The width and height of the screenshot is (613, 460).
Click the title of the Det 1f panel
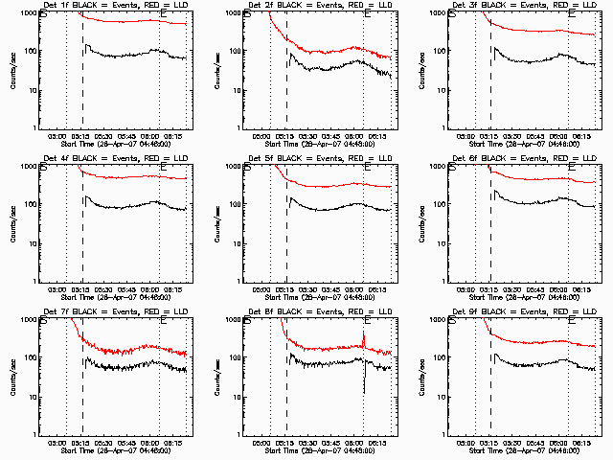113,6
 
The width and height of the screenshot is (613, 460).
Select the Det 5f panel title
317,158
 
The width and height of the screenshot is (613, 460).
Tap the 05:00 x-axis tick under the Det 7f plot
57,443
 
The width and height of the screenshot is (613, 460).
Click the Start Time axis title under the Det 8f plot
317,450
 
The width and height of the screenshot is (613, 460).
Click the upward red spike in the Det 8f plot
363,336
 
